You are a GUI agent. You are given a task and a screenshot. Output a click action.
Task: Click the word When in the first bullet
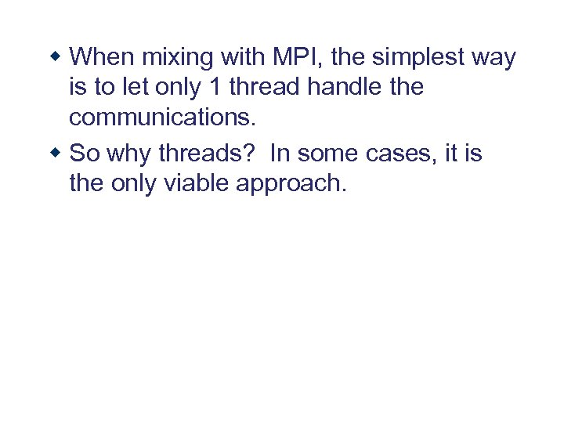(102, 57)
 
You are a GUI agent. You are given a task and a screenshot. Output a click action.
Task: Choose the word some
(329, 154)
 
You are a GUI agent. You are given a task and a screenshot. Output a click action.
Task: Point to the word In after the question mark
(280, 154)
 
